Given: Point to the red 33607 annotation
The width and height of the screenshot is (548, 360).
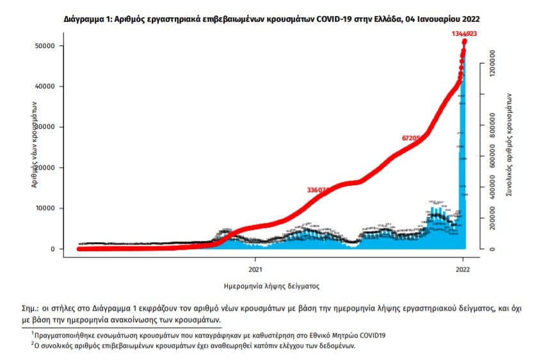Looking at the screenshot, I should [318, 190].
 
